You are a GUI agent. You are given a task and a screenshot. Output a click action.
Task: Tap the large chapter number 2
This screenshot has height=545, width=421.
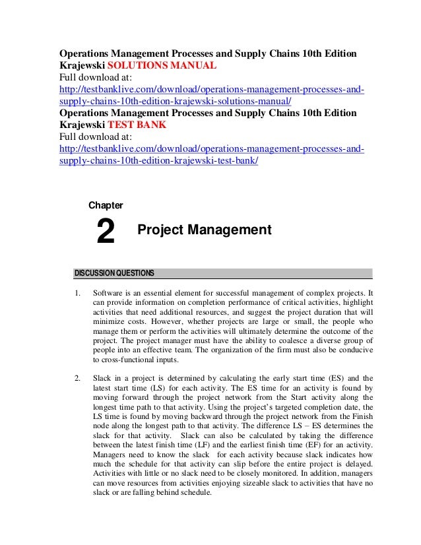(106, 232)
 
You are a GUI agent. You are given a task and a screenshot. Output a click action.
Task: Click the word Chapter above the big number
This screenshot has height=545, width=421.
(106, 206)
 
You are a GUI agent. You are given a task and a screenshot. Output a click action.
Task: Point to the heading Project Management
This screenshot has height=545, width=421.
(204, 230)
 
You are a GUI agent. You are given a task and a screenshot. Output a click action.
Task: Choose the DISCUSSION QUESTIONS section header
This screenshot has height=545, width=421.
(114, 272)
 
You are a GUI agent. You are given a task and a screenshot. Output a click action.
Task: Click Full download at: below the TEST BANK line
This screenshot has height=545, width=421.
(96, 137)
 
